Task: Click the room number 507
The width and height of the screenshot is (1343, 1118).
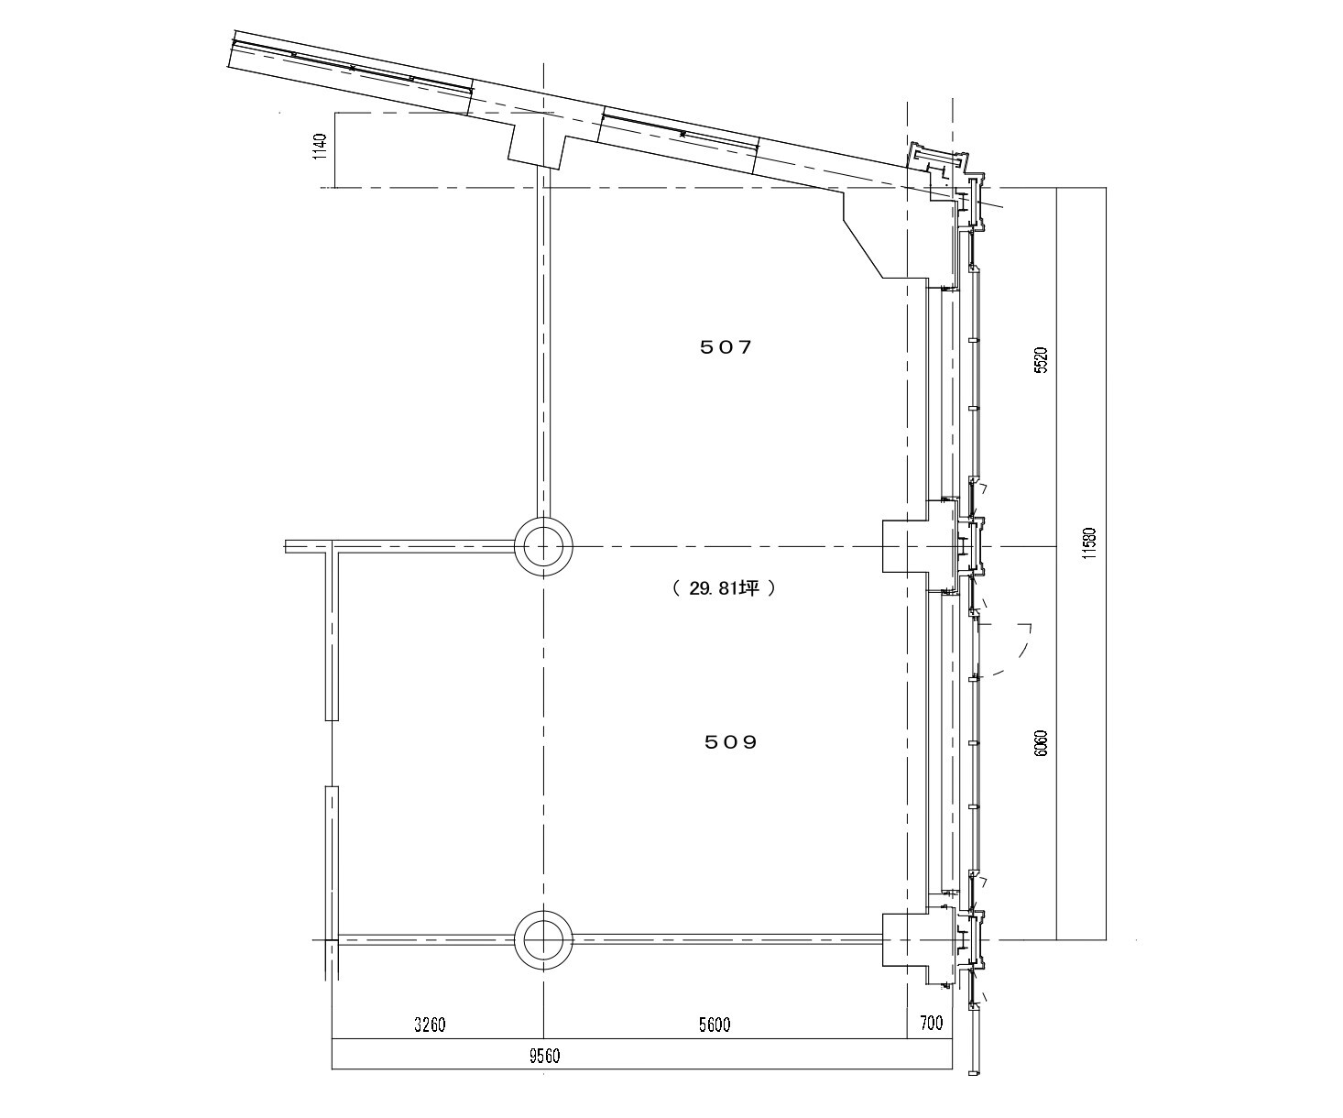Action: click(726, 347)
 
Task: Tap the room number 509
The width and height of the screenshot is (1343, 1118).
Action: click(731, 742)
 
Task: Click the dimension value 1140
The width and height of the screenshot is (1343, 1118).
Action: click(322, 147)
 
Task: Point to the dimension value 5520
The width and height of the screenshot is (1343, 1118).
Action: click(1042, 360)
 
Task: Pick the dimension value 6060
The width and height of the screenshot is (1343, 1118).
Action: click(1042, 743)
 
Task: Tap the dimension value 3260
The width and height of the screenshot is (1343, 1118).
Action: click(430, 1024)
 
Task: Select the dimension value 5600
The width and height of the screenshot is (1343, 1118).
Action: click(715, 1024)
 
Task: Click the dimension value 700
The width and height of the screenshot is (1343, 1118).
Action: click(931, 1023)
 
